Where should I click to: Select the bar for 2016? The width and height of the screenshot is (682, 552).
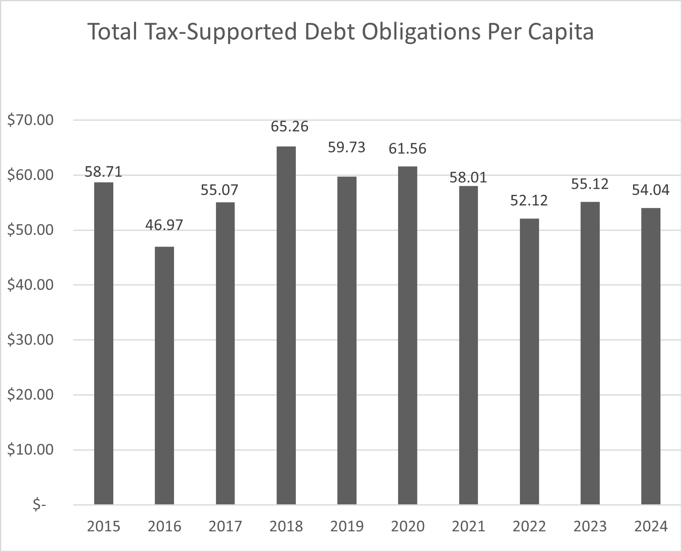click(x=164, y=375)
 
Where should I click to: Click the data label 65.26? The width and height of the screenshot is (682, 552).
click(x=290, y=126)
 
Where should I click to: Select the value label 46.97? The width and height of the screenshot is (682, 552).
click(x=164, y=225)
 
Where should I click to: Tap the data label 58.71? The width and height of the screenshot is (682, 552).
click(x=103, y=172)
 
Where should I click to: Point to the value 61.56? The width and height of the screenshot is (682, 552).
click(x=407, y=148)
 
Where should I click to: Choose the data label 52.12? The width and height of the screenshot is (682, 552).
click(x=529, y=200)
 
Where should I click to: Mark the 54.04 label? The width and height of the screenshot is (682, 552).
click(x=651, y=190)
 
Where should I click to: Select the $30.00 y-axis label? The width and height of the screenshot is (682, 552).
click(x=31, y=340)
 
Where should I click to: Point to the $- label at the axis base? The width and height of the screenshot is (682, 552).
click(x=39, y=505)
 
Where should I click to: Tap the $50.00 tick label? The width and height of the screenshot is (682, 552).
click(x=31, y=230)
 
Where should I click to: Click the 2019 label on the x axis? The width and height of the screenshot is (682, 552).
click(x=347, y=526)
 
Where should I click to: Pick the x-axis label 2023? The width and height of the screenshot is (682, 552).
click(x=590, y=526)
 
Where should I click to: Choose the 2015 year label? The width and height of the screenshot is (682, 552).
click(x=103, y=526)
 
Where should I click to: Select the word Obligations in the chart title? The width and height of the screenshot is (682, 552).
click(x=421, y=33)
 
